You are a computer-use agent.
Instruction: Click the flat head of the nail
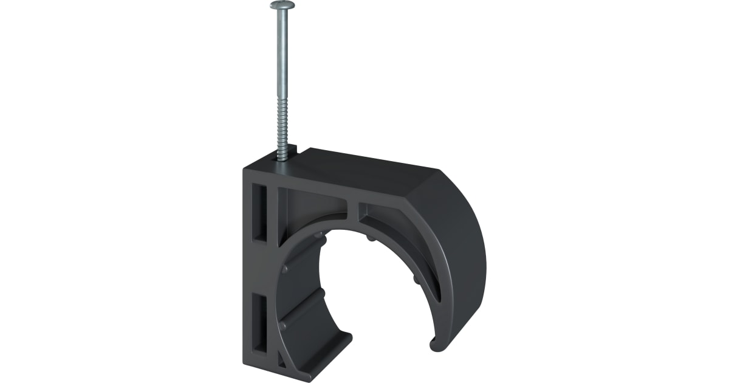pyautogui.click(x=282, y=5)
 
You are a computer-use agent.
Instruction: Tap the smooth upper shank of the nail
pyautogui.click(x=282, y=61)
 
